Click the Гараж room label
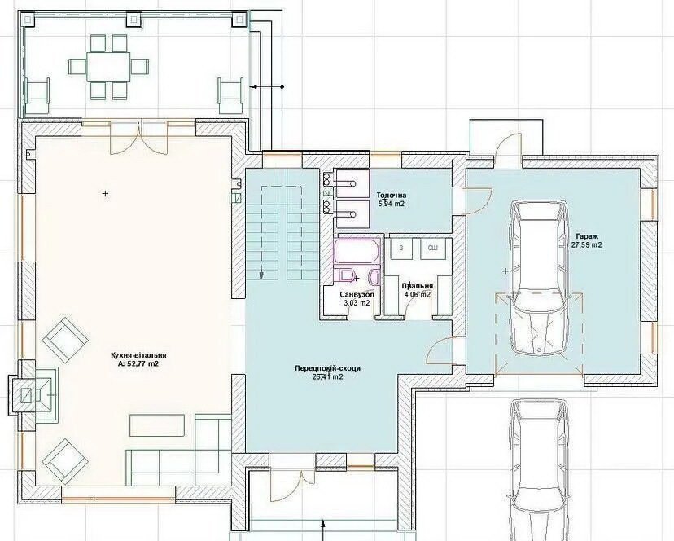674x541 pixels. [x=587, y=236]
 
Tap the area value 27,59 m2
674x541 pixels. [x=587, y=245]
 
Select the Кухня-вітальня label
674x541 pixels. [x=138, y=355]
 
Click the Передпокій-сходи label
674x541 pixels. [x=327, y=368]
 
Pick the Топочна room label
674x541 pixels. [x=392, y=196]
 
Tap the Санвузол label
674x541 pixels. [x=357, y=295]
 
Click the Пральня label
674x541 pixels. [x=418, y=286]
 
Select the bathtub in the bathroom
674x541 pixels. [x=357, y=251]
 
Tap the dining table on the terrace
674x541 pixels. [x=108, y=66]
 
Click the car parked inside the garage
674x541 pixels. [x=539, y=279]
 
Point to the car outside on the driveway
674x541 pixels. [x=539, y=469]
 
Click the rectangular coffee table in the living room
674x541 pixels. [x=157, y=425]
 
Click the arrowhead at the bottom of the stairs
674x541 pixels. [x=261, y=275]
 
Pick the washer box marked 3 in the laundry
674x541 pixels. [x=401, y=249]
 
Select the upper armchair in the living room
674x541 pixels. [x=65, y=339]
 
